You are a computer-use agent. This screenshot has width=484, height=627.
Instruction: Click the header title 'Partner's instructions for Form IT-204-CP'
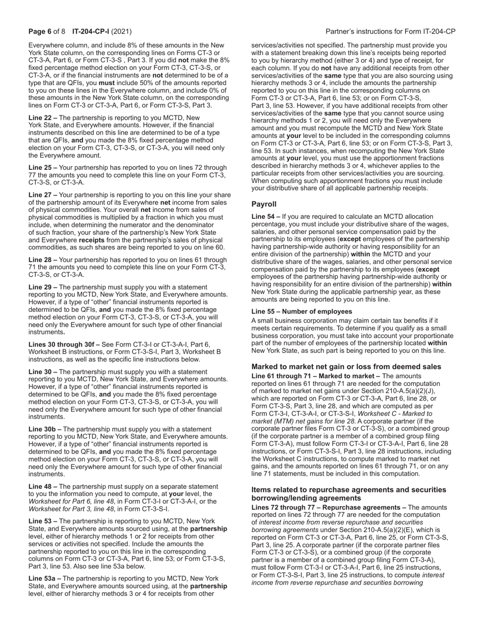(390, 32)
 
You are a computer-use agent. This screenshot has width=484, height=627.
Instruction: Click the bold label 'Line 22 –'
(43, 118)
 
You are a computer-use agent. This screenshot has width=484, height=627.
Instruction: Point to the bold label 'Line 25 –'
(43, 167)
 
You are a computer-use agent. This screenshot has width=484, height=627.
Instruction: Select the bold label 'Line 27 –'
(43, 195)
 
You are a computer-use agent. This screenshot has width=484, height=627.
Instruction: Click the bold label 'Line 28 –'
(43, 259)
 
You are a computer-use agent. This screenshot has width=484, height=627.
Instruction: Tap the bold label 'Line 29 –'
(43, 287)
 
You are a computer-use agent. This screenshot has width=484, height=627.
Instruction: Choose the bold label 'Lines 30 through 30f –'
(64, 344)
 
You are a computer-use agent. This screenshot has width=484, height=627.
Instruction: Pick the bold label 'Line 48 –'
(43, 486)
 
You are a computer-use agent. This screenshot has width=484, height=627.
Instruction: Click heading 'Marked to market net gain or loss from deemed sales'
(346, 367)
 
